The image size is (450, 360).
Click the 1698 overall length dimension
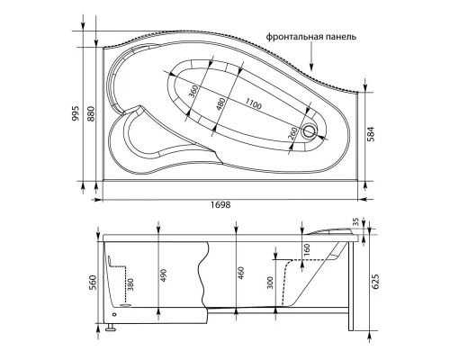click(x=220, y=205)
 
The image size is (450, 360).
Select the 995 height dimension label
click(x=75, y=113)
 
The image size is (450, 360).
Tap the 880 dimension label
click(x=91, y=113)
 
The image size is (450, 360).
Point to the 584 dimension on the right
click(x=371, y=134)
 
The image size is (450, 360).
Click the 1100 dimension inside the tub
click(x=253, y=103)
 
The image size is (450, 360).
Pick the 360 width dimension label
click(x=193, y=91)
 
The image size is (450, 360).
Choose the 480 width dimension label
click(x=220, y=103)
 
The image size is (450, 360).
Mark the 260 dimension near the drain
click(x=292, y=133)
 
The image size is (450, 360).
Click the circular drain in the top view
click(x=310, y=131)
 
